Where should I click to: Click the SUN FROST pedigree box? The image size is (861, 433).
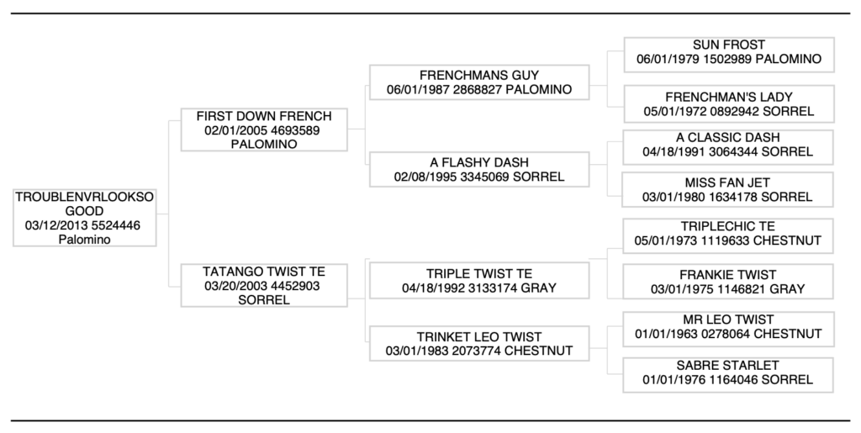coord(728,53)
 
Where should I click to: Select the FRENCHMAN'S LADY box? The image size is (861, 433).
coord(728,104)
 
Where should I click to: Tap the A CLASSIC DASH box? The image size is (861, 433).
coord(728,145)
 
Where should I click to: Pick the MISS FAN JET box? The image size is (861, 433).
coord(728,190)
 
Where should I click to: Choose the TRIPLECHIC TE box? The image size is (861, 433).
coord(728,234)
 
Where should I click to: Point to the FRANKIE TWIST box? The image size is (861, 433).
coord(728,282)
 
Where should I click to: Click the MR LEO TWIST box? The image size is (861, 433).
coord(728,327)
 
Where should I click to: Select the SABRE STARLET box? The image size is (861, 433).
coord(728,372)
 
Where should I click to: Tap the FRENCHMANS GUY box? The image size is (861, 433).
coord(479,82)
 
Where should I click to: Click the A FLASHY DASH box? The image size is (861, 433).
coord(479,170)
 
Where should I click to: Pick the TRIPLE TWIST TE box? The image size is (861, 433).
coord(479,282)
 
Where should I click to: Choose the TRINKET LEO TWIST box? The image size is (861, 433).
coord(479,344)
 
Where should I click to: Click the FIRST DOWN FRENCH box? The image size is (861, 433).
coord(263,129)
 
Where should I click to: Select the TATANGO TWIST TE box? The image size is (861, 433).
coord(263,286)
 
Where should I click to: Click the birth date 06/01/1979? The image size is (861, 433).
coord(668,60)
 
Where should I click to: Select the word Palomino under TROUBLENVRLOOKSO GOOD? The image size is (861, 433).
coord(85,240)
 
